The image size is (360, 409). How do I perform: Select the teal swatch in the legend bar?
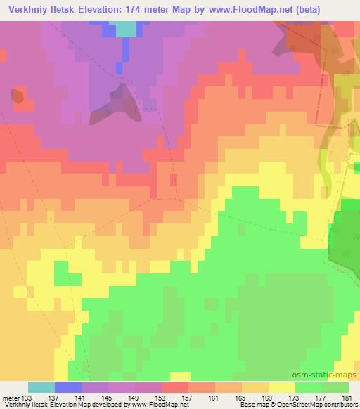(41, 387)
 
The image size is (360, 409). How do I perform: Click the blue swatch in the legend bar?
(68, 387)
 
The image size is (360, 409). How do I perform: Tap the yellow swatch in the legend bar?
(281, 387)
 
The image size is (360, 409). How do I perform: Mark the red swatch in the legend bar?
(174, 387)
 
